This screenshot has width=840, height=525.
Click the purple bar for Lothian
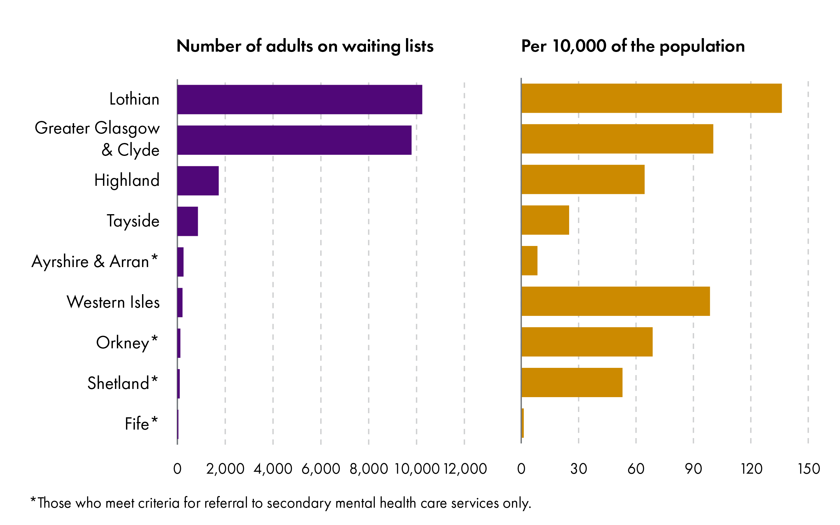[x=299, y=99]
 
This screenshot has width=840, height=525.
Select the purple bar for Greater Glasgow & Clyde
[x=294, y=140]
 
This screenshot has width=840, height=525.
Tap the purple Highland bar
[x=198, y=180]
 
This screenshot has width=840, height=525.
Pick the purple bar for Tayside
[x=187, y=221]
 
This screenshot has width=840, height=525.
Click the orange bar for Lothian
[x=651, y=98]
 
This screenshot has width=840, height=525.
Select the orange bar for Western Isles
[x=615, y=301]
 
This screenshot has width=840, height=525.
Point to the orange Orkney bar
[x=587, y=342]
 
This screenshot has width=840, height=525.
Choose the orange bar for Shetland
[x=572, y=382]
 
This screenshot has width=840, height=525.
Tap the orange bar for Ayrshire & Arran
[x=529, y=260]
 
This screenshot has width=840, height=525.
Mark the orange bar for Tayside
[x=545, y=220]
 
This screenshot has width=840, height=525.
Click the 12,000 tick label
[x=465, y=469]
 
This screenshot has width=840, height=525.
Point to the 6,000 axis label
[x=321, y=469]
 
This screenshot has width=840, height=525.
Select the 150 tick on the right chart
[x=809, y=469]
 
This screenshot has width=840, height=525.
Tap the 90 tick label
[x=693, y=469]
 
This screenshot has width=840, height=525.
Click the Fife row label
[x=137, y=424]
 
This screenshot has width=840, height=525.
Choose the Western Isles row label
[x=113, y=302]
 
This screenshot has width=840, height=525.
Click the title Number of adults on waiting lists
[x=305, y=46]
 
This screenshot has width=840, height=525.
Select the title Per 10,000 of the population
[x=633, y=46]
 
